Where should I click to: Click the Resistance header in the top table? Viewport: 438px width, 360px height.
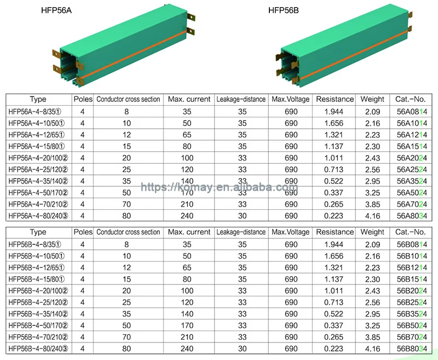(335, 99)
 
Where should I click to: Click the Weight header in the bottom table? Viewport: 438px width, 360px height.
(372, 232)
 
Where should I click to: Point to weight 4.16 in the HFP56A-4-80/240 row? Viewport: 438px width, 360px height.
(372, 216)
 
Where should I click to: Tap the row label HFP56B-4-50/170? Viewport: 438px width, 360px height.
(38, 325)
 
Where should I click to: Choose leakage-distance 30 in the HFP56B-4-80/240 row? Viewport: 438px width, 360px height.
(241, 348)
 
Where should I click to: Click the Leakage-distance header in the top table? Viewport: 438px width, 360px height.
(241, 99)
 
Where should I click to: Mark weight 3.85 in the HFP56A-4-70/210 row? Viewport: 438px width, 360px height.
(372, 204)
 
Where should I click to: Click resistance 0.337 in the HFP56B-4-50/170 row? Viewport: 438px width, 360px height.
(335, 325)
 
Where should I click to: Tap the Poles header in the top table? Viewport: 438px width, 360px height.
(83, 99)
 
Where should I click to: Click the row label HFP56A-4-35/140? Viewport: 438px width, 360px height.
(38, 181)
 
